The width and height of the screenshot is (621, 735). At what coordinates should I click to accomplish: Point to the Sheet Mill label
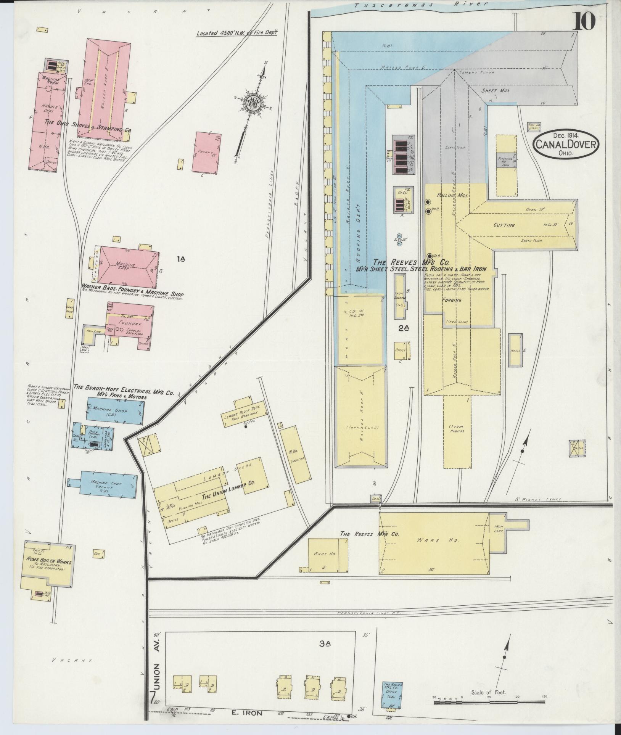point(495,90)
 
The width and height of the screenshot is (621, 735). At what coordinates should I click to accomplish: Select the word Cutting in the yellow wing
point(504,225)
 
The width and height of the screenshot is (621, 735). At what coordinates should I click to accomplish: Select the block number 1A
point(181,259)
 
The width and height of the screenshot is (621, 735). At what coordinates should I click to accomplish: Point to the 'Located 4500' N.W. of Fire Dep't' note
point(236,33)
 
